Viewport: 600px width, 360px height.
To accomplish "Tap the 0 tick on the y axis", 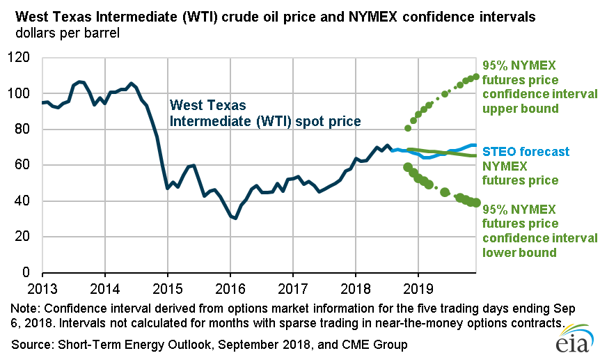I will [29, 272].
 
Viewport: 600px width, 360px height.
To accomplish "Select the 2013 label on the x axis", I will [42, 287].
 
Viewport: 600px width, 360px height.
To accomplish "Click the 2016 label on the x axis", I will [230, 287].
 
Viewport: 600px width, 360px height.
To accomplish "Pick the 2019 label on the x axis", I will [418, 287].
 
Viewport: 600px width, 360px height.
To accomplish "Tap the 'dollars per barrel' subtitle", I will [61, 33].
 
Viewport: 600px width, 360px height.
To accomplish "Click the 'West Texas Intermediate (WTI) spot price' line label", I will [265, 114].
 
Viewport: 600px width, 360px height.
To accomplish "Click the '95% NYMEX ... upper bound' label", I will [539, 87].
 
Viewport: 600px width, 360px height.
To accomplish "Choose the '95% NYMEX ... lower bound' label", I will [539, 230].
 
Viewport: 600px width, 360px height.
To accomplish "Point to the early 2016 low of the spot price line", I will [236, 218].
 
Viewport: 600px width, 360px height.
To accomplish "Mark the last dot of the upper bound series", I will [477, 77].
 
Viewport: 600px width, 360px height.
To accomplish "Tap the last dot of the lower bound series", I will [477, 203].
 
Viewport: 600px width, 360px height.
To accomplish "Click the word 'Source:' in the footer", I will [31, 345].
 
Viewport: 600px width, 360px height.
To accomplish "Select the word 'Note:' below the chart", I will [26, 308].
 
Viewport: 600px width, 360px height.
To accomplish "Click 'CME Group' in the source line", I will [376, 345].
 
